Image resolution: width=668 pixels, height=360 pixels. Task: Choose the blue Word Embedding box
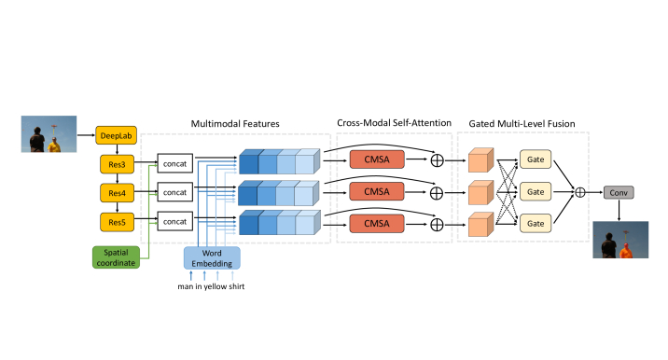tap(212, 257)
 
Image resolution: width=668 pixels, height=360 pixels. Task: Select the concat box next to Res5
tap(174, 221)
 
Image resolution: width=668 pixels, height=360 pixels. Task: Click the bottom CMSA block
tap(376, 222)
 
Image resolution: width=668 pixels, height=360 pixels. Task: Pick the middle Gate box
tap(536, 192)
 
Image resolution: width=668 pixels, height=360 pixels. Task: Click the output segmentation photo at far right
tap(619, 240)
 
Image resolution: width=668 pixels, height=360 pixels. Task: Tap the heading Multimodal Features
tap(234, 123)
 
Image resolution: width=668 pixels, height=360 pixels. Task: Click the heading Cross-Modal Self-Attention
tap(395, 123)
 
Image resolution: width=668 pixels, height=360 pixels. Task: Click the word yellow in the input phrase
tap(216, 286)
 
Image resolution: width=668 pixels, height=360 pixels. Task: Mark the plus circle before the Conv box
tap(579, 192)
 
